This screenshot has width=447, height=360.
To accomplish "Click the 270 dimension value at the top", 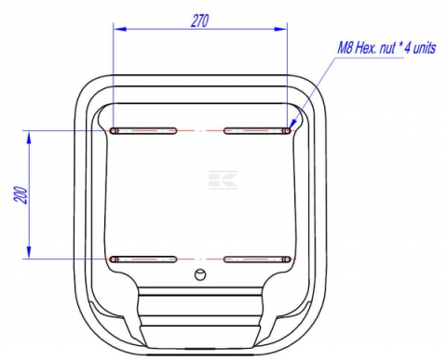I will pos(199,21).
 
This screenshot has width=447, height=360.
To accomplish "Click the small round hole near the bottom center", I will pos(199,273).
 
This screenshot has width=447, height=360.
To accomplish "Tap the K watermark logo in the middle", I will pos(223,180).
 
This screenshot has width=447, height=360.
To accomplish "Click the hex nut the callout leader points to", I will pos(288,130).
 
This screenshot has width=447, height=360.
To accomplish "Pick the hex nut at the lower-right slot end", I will pos(288,258).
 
